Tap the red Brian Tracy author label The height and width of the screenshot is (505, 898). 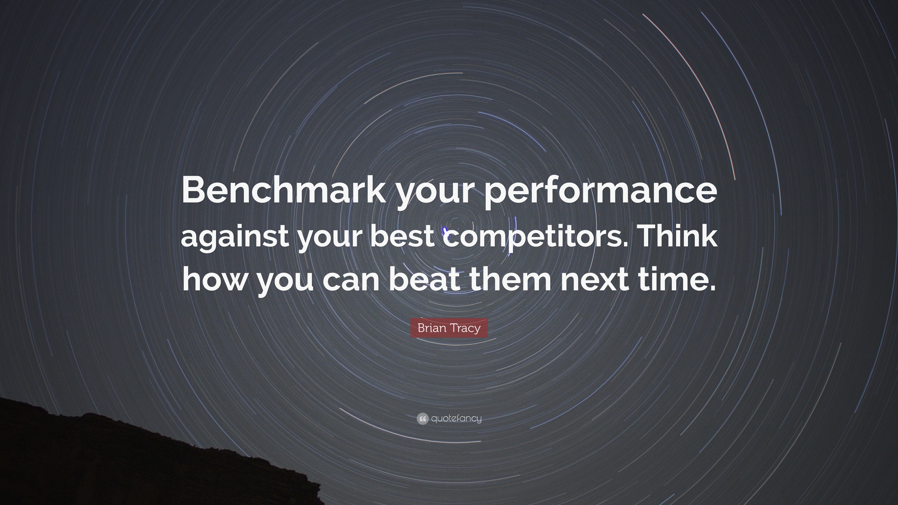point(449,328)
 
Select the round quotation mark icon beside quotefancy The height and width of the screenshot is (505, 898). point(422,418)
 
